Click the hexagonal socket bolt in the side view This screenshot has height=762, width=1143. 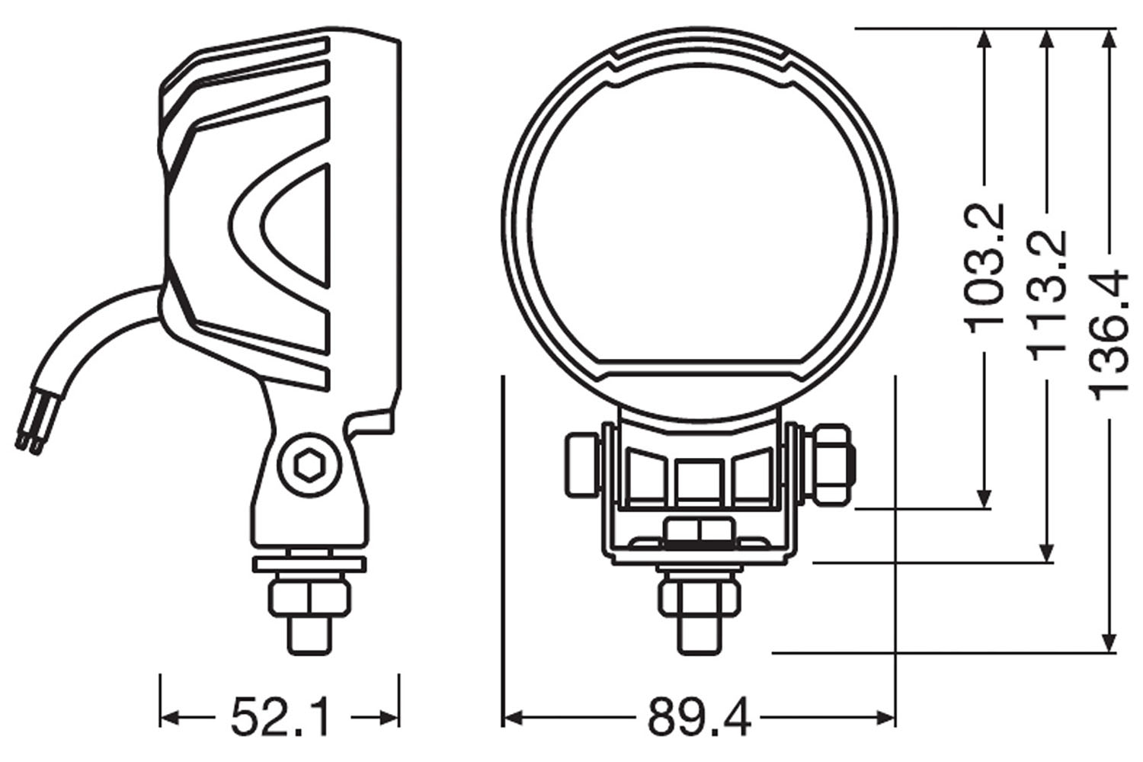(x=309, y=463)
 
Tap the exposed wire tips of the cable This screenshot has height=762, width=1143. (x=28, y=440)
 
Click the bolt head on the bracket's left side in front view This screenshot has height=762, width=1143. (x=581, y=465)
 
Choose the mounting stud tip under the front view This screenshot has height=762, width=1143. (x=699, y=634)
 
